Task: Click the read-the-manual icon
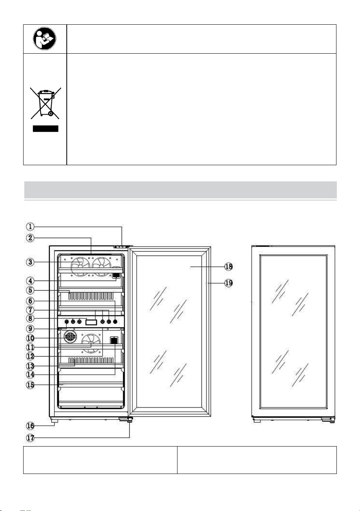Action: pyautogui.click(x=44, y=39)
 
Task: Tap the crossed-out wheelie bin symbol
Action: pyautogui.click(x=46, y=103)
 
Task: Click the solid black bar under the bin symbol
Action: pyautogui.click(x=46, y=129)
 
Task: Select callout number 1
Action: pyautogui.click(x=30, y=227)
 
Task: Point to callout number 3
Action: pyautogui.click(x=30, y=262)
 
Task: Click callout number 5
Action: pyautogui.click(x=30, y=290)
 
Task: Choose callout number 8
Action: pyautogui.click(x=30, y=318)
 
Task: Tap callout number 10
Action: pyautogui.click(x=30, y=338)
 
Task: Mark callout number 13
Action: pyautogui.click(x=30, y=366)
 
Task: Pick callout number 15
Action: pyautogui.click(x=30, y=385)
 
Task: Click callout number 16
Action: pyautogui.click(x=30, y=425)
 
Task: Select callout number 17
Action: pyautogui.click(x=30, y=438)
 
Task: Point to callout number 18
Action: pyautogui.click(x=228, y=266)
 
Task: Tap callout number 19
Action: pyautogui.click(x=228, y=283)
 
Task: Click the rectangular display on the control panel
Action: pyautogui.click(x=91, y=322)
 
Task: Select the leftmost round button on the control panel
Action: pyautogui.click(x=67, y=321)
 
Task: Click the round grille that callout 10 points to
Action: pyautogui.click(x=70, y=336)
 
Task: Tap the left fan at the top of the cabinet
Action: pyautogui.click(x=81, y=266)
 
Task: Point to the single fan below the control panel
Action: pyautogui.click(x=91, y=343)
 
